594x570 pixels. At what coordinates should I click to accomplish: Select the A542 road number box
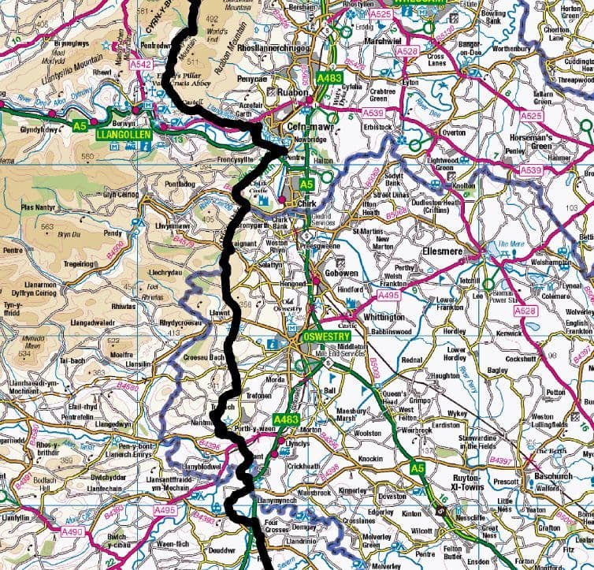tap(141, 64)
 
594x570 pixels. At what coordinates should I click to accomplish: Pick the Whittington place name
tap(384, 317)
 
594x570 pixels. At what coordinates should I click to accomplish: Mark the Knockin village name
tap(370, 458)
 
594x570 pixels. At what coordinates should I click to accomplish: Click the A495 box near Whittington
tap(388, 295)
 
